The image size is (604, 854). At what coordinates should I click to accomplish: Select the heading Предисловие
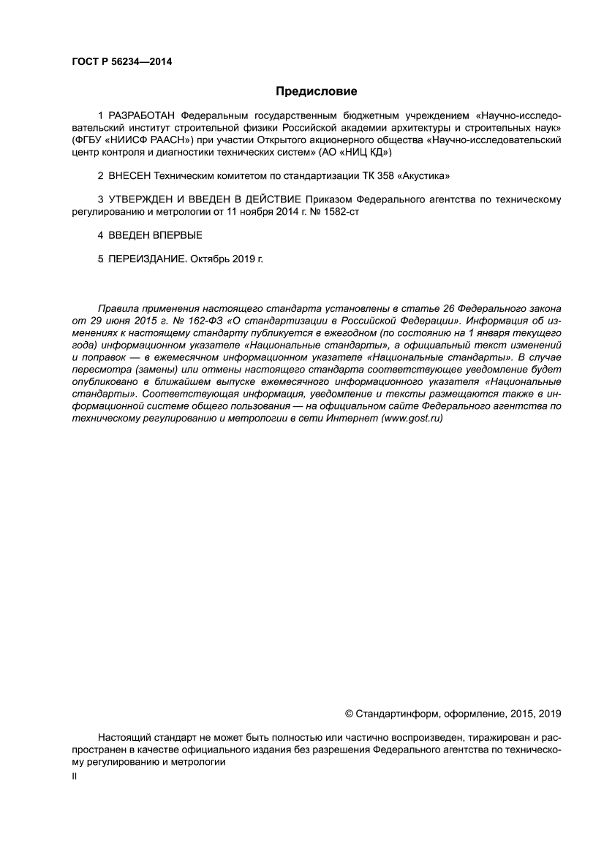(x=316, y=91)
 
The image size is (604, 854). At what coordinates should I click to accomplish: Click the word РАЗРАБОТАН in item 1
(x=142, y=115)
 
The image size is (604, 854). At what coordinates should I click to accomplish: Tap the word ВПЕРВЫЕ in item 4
(x=175, y=235)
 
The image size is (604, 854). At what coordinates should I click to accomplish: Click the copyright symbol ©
(x=348, y=713)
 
